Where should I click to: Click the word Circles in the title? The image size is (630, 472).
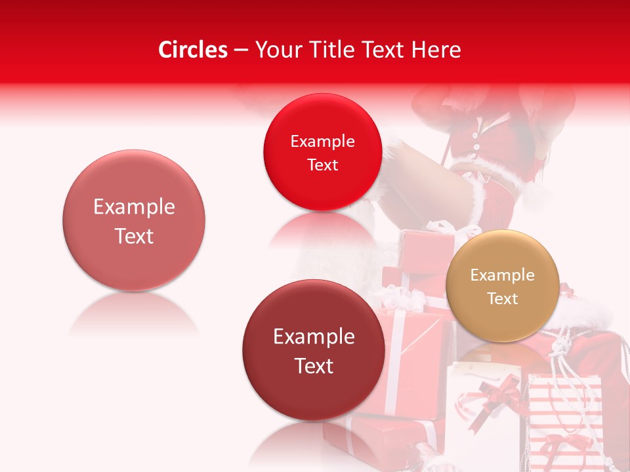pos(192,50)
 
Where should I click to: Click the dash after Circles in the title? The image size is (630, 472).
pos(241,50)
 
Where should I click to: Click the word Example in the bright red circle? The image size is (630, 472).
pos(322,141)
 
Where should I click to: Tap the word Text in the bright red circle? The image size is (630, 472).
pos(322,165)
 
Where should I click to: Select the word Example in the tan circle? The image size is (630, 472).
pos(502,275)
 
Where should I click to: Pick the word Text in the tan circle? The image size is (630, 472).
pos(502,298)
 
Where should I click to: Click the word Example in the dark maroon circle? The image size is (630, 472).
pos(314,336)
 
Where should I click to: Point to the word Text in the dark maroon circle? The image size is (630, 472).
pos(314,365)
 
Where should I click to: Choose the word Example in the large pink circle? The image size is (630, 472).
pos(134,207)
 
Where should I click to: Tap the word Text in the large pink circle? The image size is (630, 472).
pos(134,236)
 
